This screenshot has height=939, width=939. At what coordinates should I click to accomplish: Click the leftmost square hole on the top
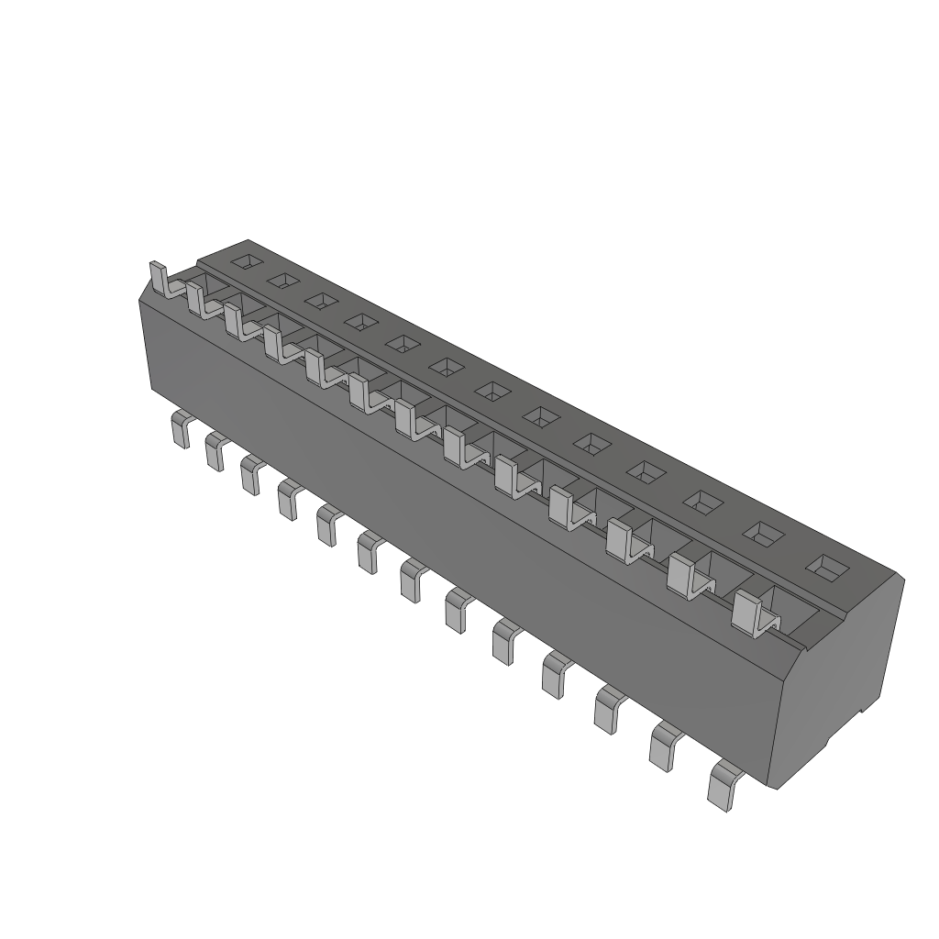[244, 262]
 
